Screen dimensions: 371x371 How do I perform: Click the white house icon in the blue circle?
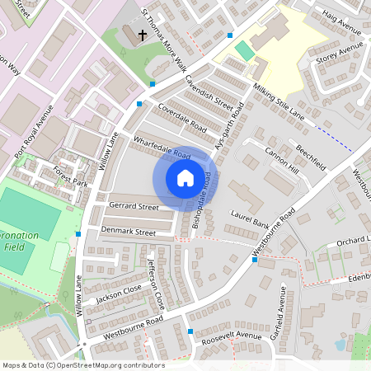click(185, 177)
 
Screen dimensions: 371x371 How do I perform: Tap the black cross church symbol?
click(143, 35)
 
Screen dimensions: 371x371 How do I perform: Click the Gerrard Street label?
click(133, 206)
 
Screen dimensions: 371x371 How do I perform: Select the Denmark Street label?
click(128, 232)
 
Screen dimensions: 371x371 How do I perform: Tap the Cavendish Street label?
click(210, 93)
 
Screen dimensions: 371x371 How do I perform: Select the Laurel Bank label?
click(251, 218)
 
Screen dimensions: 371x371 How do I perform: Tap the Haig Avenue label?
click(342, 31)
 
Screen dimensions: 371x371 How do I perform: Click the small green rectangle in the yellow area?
click(245, 50)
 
